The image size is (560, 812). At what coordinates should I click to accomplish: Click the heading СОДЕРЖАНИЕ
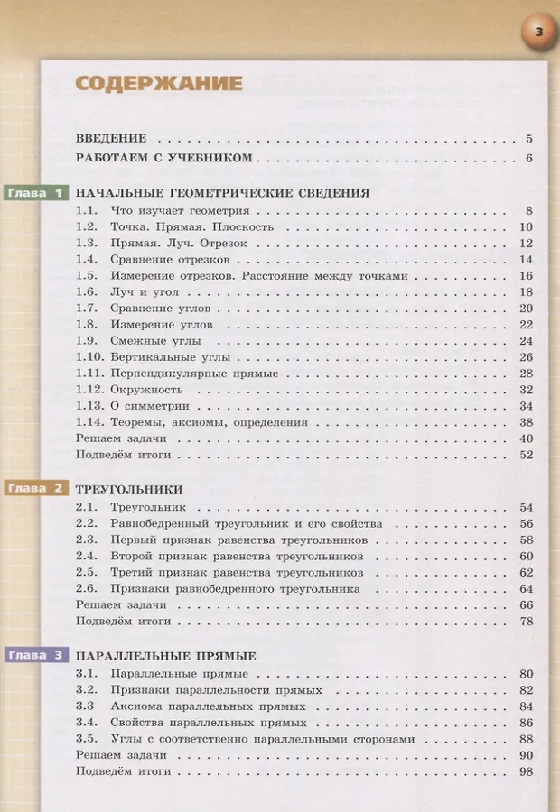[159, 84]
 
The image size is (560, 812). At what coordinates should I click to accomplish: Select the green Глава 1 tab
[37, 193]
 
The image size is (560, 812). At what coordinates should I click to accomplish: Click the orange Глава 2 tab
[37, 489]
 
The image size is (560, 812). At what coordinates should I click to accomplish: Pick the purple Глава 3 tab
[37, 656]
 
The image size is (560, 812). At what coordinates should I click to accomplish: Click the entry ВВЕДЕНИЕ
[111, 139]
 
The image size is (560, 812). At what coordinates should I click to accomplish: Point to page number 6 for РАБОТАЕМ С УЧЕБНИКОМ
[528, 160]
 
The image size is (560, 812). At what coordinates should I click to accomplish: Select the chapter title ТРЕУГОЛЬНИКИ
[129, 490]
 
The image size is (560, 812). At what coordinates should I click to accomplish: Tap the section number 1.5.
[86, 276]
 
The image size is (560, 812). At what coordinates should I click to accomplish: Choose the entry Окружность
[146, 390]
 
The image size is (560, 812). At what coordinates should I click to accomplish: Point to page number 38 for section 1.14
[526, 422]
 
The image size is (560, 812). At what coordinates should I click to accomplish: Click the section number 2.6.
[86, 589]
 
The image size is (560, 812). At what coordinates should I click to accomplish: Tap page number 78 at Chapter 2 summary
[526, 622]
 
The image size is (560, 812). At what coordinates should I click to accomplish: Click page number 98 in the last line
[526, 772]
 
